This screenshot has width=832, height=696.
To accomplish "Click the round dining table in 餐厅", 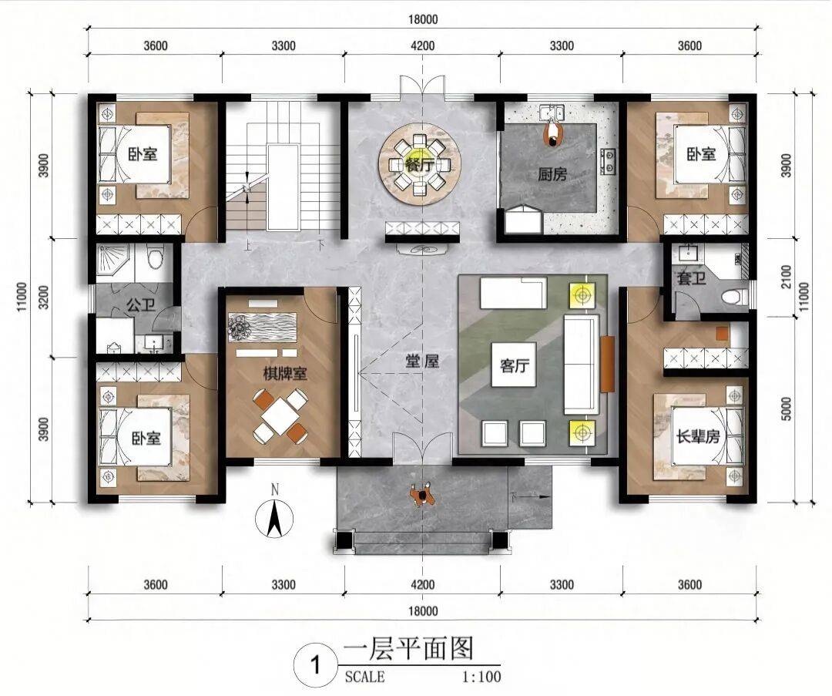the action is [x=420, y=164].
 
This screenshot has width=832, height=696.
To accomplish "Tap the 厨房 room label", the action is [x=553, y=174].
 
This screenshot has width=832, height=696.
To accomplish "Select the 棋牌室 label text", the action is [x=286, y=374].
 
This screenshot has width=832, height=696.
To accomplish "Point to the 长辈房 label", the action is [x=697, y=436].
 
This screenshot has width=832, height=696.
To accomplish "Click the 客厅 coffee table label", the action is [x=514, y=365].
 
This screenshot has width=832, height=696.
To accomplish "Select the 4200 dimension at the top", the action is [x=422, y=45].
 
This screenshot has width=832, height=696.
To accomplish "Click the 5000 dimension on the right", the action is [x=787, y=409].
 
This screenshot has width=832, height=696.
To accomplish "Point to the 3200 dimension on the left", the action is [x=43, y=298].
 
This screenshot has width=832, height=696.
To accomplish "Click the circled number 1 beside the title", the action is [x=316, y=664].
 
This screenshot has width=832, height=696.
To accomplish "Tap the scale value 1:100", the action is [x=481, y=677].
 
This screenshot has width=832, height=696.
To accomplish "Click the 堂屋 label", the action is [x=422, y=362].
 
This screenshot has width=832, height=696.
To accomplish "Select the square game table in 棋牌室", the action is [x=280, y=416].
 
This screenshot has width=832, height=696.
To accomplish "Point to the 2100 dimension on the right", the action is [x=787, y=277].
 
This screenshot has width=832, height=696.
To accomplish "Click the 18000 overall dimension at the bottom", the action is [x=423, y=611].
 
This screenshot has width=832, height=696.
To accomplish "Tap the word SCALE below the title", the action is [x=364, y=677].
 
